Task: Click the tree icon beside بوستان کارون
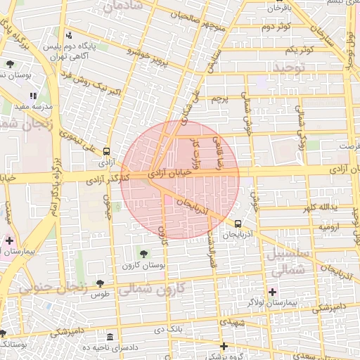(144, 254)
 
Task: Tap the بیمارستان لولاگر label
(272, 302)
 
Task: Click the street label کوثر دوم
(277, 27)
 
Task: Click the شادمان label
(123, 7)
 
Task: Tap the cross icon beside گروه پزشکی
(224, 346)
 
